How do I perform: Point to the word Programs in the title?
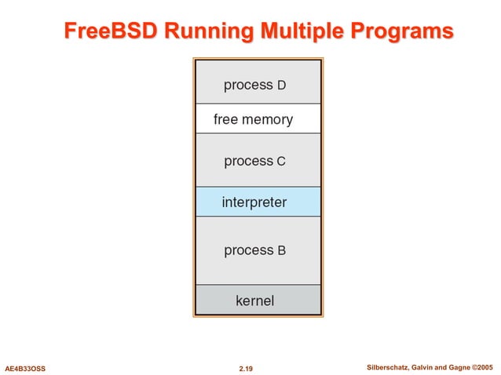[x=402, y=31]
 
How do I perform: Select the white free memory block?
[x=257, y=119]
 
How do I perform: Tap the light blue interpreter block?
[x=257, y=202]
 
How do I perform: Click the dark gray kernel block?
[x=257, y=300]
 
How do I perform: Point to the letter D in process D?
[x=282, y=85]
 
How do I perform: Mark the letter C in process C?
[x=281, y=162]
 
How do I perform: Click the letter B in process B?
[x=281, y=251]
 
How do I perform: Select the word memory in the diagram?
[x=268, y=120]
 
